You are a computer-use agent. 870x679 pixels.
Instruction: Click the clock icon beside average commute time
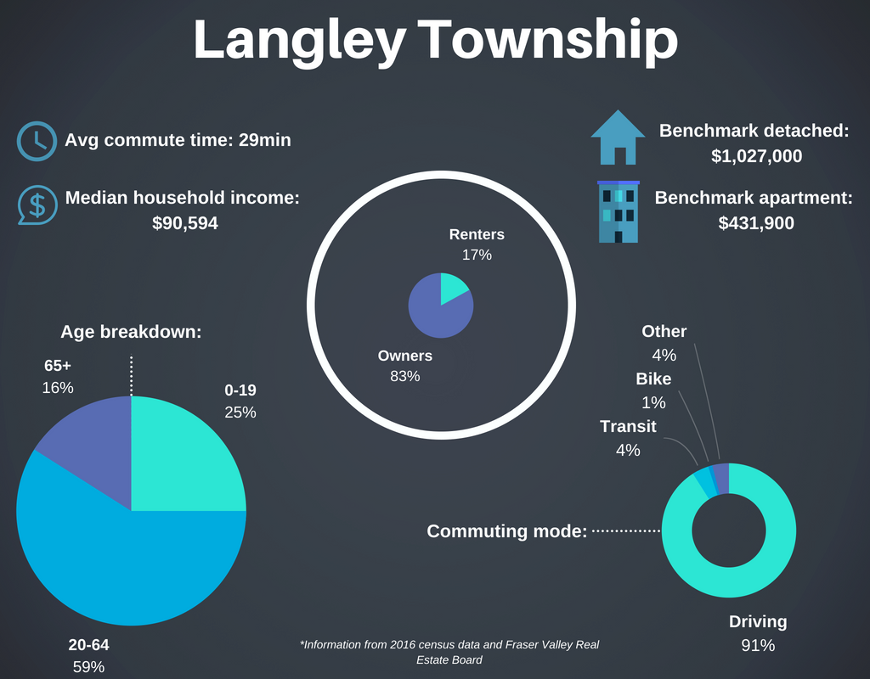(x=36, y=140)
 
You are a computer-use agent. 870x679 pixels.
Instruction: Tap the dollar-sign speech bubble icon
(x=36, y=204)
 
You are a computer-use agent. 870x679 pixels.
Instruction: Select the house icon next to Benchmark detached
(x=619, y=137)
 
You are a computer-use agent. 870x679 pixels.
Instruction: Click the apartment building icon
(x=619, y=211)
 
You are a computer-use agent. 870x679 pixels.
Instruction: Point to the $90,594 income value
(x=184, y=223)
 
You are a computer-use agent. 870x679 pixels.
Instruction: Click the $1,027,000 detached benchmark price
(x=756, y=156)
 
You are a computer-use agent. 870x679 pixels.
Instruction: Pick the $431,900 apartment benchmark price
(x=756, y=223)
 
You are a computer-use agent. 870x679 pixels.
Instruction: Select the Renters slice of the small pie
(x=453, y=289)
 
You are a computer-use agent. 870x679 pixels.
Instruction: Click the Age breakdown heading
(x=131, y=332)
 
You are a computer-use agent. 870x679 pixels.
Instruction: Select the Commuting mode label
(x=507, y=531)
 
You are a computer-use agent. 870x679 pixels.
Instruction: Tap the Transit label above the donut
(x=628, y=426)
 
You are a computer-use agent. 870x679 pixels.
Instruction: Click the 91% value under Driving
(x=758, y=645)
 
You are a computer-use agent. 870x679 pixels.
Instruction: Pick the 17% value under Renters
(x=476, y=254)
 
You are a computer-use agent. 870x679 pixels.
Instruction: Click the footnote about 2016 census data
(x=449, y=652)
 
